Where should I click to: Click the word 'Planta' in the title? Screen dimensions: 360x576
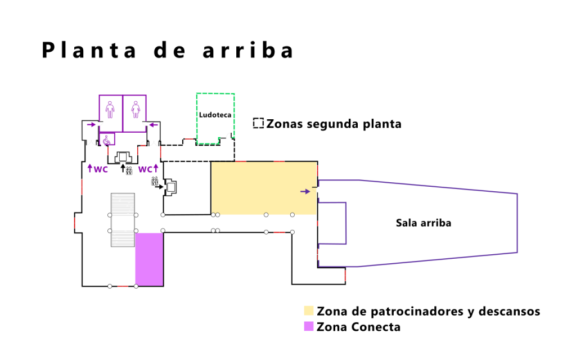point(89,51)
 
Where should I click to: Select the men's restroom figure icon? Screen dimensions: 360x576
point(110,109)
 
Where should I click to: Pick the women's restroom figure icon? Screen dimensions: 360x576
point(135,109)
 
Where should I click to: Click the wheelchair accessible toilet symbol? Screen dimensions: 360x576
point(106,139)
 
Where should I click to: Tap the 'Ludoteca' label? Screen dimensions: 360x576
point(215,115)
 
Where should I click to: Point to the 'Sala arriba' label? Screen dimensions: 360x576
point(424,223)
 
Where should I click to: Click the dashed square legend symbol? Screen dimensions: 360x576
point(259,123)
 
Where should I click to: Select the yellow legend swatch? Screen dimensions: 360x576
point(309,311)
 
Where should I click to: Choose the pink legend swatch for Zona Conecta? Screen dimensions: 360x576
point(309,326)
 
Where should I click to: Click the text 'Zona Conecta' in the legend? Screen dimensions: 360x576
point(358,326)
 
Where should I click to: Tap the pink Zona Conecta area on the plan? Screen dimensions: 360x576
point(149,259)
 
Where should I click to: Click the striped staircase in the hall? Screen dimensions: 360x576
point(123,219)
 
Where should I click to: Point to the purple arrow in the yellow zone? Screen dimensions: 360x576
point(305,191)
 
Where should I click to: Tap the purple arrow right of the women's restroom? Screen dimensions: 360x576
point(152,124)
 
